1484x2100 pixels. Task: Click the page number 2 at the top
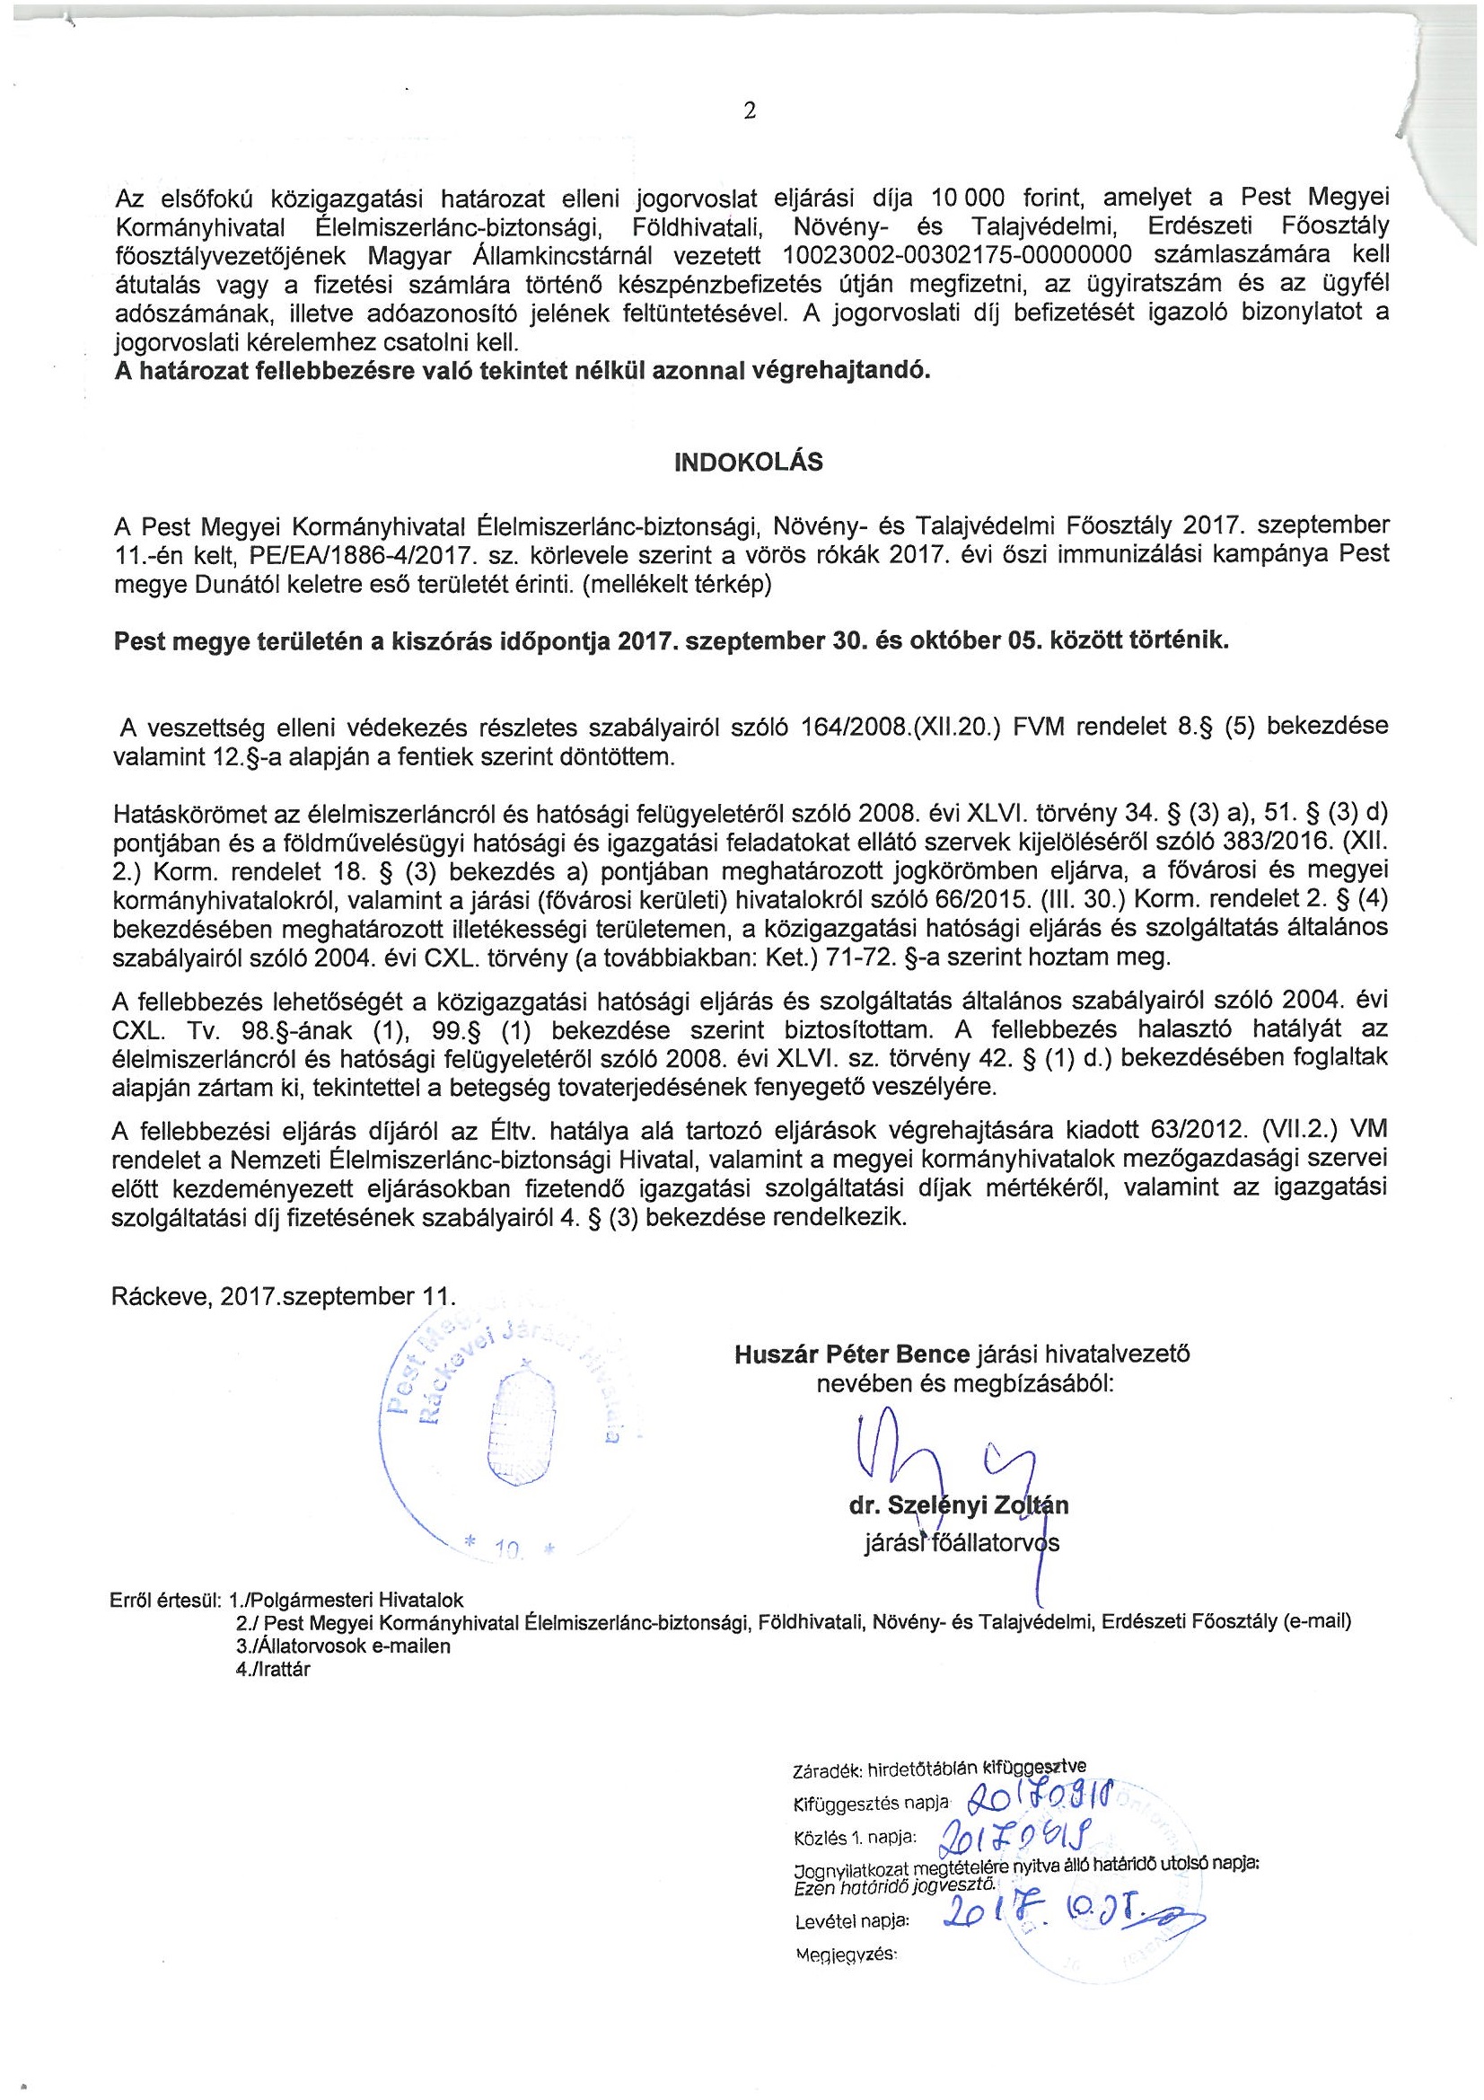(x=750, y=111)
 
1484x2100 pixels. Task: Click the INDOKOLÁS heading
(x=748, y=462)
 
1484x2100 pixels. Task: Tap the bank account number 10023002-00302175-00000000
(x=959, y=253)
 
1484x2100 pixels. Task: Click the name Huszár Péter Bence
(x=852, y=1354)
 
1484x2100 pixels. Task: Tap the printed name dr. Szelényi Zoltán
(x=958, y=1505)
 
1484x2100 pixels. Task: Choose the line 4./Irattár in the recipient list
(x=274, y=1667)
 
